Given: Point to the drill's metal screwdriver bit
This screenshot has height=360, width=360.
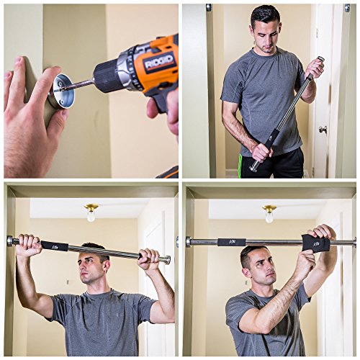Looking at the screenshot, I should [78, 85].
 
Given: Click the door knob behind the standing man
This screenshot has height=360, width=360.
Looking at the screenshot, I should [323, 130].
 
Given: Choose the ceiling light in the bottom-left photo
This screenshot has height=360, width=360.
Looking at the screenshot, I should [91, 212].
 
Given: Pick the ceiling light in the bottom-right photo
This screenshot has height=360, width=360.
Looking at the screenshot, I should [269, 212].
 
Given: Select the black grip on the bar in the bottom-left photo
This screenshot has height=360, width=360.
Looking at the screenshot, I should [55, 246].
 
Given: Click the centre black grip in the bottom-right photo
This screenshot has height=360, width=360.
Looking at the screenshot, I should [231, 243].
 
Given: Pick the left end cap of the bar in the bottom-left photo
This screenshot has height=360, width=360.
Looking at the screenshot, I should [11, 240].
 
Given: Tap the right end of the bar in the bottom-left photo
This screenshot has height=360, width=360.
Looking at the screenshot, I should [166, 259].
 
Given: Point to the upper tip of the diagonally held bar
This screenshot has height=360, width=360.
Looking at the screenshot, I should [320, 60].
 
